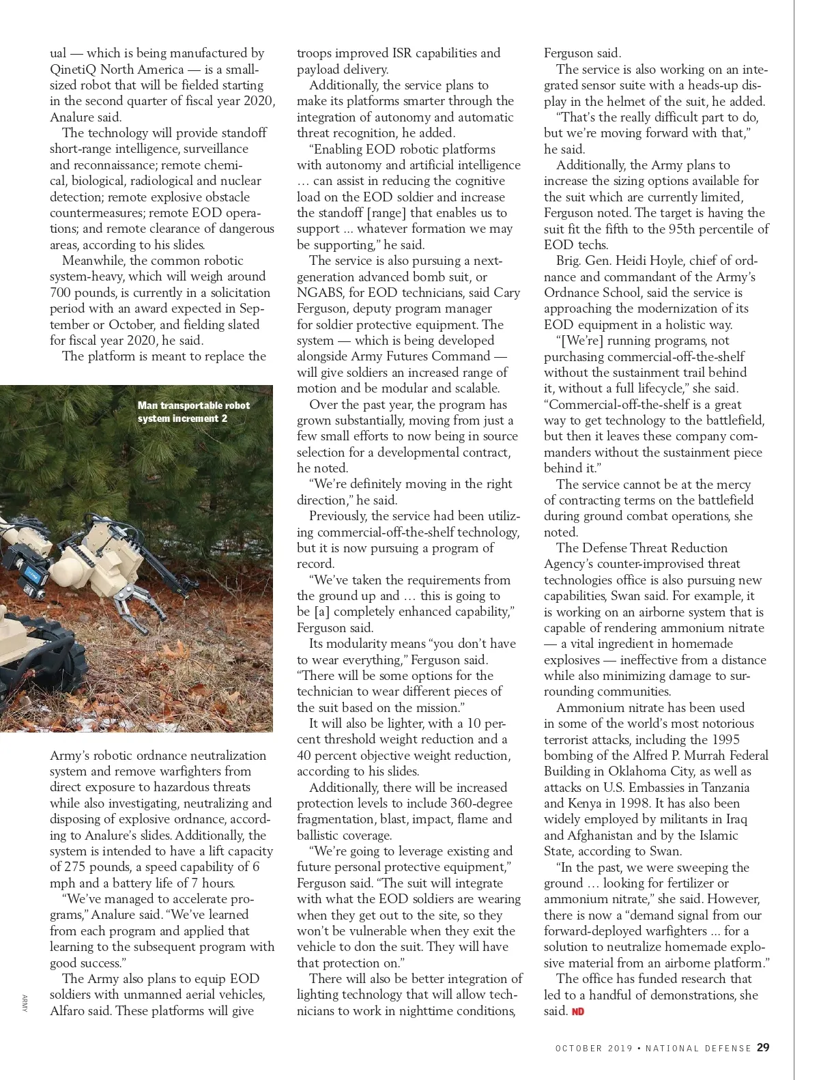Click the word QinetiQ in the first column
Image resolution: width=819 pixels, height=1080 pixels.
coord(73,69)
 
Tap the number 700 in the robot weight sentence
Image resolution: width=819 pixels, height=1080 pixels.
coord(61,292)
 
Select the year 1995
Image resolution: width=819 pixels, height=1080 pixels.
coord(725,739)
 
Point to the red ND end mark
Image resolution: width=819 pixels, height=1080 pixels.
coord(577,1011)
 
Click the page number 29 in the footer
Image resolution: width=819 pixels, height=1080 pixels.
coord(764,1047)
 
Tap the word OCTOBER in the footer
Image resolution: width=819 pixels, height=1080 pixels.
coord(578,1048)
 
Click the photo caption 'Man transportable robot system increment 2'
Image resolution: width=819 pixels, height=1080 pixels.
coord(193,412)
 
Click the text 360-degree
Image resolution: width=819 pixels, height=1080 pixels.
coord(479,803)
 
